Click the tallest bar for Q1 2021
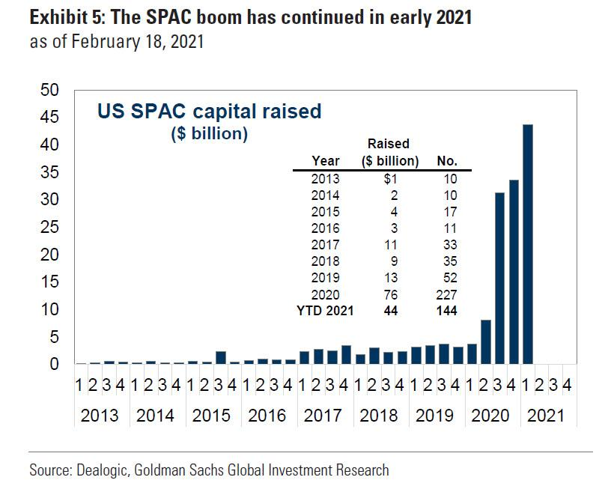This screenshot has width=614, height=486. click(528, 244)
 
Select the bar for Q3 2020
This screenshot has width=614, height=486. click(500, 278)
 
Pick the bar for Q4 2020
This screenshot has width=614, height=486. click(514, 272)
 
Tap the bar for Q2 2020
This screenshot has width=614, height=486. click(486, 341)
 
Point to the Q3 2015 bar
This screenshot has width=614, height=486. click(221, 357)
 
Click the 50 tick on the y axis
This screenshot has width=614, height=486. click(49, 90)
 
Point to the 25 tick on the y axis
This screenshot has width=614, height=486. click(49, 227)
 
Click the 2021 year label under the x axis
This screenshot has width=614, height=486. click(545, 416)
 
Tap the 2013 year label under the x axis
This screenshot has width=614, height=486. click(100, 416)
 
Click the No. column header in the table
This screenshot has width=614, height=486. click(446, 161)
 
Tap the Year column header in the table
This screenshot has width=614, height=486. click(326, 161)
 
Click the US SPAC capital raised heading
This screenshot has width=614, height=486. click(209, 112)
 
